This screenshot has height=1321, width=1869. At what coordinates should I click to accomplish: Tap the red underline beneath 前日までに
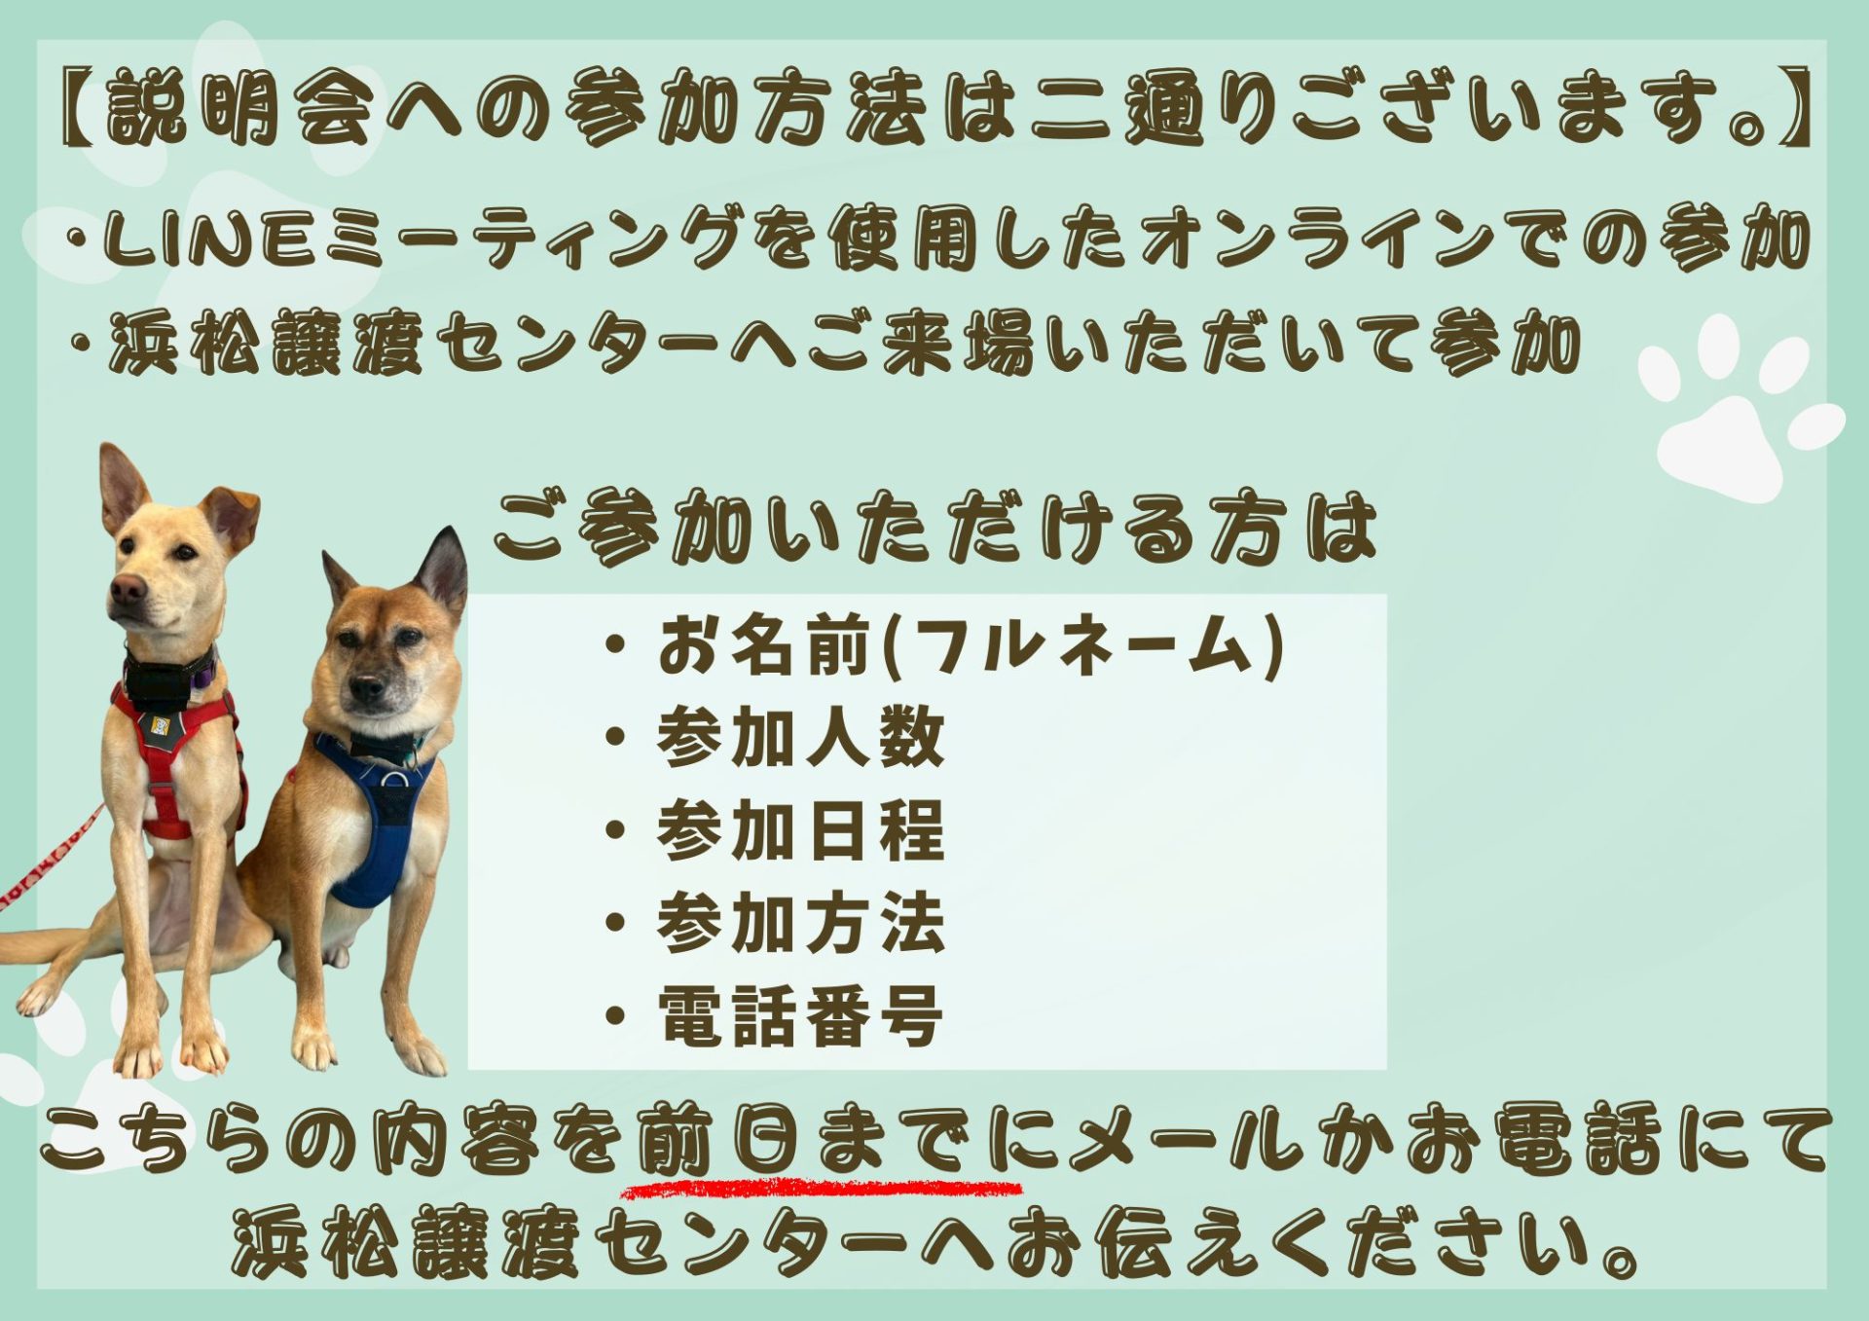823,1189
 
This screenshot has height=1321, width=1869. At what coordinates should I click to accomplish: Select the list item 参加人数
800,737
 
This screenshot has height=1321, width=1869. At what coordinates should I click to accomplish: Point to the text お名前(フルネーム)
971,645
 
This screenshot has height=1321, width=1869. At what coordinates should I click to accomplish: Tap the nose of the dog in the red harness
128,587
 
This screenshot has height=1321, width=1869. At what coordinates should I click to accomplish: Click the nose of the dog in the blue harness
367,690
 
